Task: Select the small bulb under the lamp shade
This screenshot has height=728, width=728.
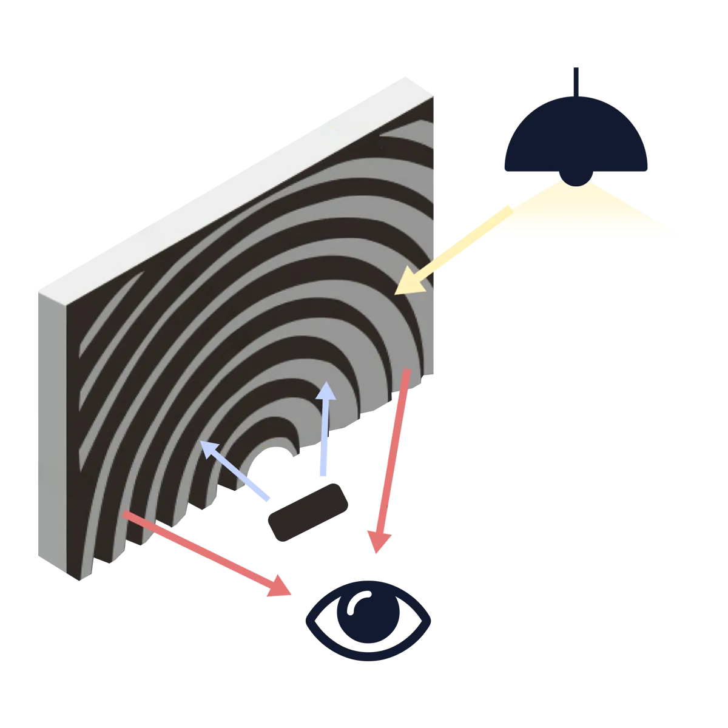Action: [576, 178]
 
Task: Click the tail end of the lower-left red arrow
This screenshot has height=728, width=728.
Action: [126, 515]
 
